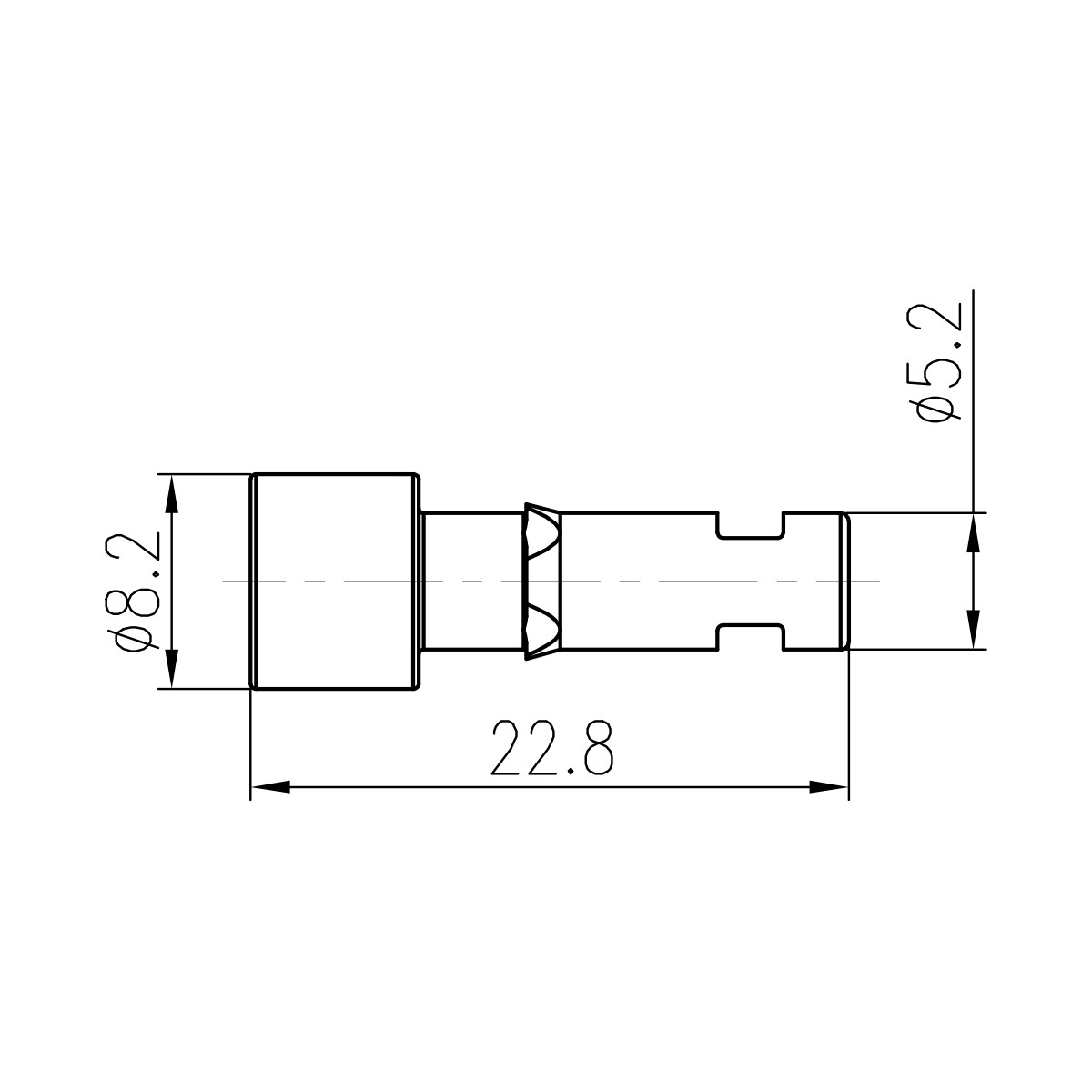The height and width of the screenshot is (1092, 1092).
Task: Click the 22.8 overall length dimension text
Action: (x=551, y=748)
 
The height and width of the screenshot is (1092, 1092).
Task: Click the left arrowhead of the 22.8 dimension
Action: (x=269, y=786)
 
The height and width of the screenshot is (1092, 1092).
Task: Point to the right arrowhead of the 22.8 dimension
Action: (x=828, y=786)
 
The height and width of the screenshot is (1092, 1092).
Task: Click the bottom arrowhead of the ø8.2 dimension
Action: (x=169, y=670)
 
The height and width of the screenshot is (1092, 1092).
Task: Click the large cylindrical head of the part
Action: (x=333, y=581)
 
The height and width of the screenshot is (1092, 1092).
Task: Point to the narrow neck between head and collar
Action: (x=473, y=581)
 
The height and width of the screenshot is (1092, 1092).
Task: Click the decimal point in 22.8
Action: (x=569, y=770)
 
